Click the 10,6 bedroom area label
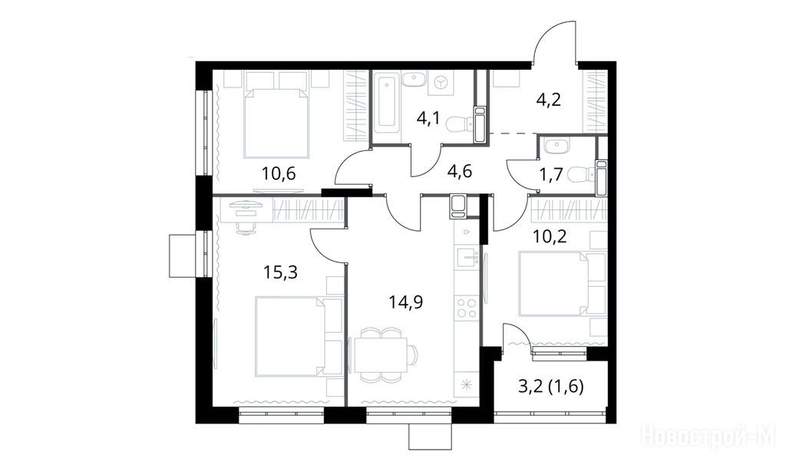click(x=279, y=174)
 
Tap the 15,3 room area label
click(x=281, y=272)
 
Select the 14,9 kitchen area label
click(x=406, y=302)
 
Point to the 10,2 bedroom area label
click(x=550, y=235)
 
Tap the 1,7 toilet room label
click(x=551, y=175)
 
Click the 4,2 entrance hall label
click(x=548, y=100)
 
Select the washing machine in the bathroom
click(x=440, y=84)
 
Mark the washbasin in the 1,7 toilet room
click(x=556, y=146)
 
